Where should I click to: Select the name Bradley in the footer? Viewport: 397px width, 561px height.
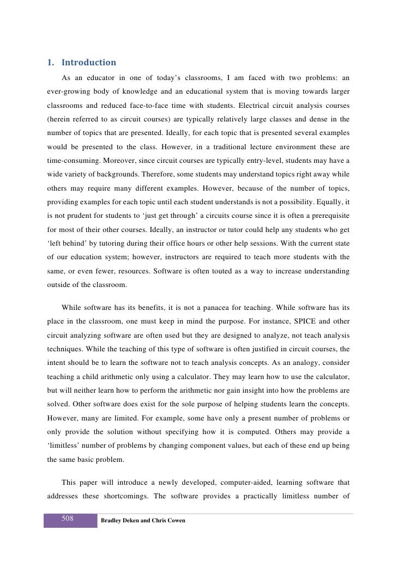[x=113, y=521]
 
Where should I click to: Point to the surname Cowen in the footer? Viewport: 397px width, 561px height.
[x=176, y=521]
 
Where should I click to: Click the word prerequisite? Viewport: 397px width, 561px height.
[x=328, y=217]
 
